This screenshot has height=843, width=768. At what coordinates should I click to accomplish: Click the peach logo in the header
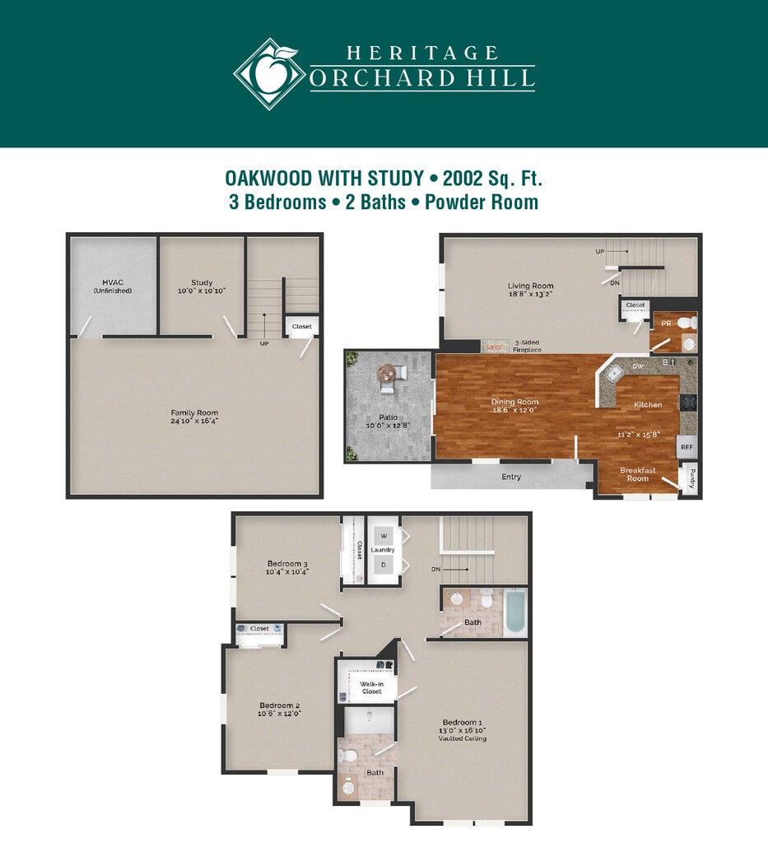(x=268, y=73)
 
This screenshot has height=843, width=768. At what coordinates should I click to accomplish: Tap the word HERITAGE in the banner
(x=422, y=53)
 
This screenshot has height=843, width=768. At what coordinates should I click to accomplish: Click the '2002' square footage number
(x=462, y=178)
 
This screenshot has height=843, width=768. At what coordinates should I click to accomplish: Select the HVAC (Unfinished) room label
(x=113, y=286)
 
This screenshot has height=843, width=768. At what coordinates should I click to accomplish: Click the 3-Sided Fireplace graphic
(x=495, y=347)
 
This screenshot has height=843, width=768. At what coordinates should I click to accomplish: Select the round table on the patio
(x=385, y=371)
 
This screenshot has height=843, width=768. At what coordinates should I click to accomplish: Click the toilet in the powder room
(x=687, y=324)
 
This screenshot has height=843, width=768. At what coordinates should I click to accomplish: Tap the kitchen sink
(x=614, y=373)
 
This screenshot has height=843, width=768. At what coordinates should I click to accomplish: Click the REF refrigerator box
(x=687, y=447)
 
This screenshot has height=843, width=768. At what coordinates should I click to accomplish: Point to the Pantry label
(x=691, y=478)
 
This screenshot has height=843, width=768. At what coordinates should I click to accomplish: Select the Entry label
(x=511, y=477)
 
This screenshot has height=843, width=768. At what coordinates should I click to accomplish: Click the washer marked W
(x=384, y=535)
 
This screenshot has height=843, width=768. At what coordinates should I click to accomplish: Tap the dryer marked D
(x=384, y=565)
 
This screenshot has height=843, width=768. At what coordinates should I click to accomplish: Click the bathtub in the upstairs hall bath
(x=515, y=612)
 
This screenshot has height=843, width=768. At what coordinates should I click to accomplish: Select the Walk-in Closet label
(x=372, y=687)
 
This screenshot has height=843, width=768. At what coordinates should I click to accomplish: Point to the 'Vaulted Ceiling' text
(x=462, y=738)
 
